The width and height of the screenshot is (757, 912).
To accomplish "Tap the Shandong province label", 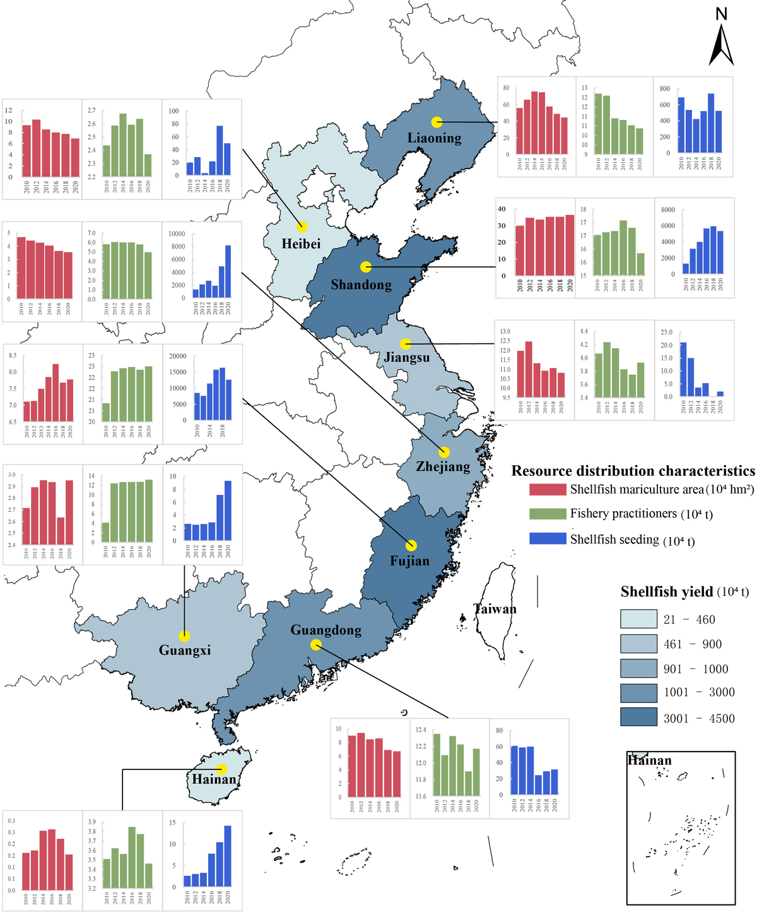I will pyautogui.click(x=361, y=285).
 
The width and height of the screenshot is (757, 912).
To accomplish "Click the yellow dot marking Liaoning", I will pyautogui.click(x=437, y=122).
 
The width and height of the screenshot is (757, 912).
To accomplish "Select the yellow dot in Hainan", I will pyautogui.click(x=221, y=769).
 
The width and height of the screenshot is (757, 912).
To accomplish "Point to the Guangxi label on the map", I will pyautogui.click(x=185, y=650).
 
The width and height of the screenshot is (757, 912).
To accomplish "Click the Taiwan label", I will pyautogui.click(x=495, y=609).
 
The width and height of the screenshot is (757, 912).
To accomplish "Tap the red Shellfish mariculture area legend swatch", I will pyautogui.click(x=548, y=490).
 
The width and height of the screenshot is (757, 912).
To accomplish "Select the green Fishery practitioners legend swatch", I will pyautogui.click(x=548, y=514).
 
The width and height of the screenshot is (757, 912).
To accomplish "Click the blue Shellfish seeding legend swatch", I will pyautogui.click(x=548, y=539).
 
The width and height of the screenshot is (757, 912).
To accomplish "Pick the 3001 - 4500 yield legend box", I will pyautogui.click(x=638, y=718).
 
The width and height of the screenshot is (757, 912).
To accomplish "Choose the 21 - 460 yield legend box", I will pyautogui.click(x=638, y=619).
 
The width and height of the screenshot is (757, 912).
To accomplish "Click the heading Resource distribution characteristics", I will pyautogui.click(x=633, y=471).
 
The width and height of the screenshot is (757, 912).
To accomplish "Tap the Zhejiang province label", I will pyautogui.click(x=443, y=466).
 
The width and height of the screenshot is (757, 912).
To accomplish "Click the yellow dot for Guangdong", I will pyautogui.click(x=316, y=644).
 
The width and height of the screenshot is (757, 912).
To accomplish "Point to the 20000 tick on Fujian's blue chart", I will pyautogui.click(x=178, y=356).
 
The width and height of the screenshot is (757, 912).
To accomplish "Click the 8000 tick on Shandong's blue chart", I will pyautogui.click(x=667, y=210).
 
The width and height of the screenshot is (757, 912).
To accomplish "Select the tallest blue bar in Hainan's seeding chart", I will pyautogui.click(x=228, y=856).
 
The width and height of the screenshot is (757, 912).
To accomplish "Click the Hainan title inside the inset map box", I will pyautogui.click(x=649, y=761).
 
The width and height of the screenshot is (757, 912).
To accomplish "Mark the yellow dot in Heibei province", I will pyautogui.click(x=302, y=227).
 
